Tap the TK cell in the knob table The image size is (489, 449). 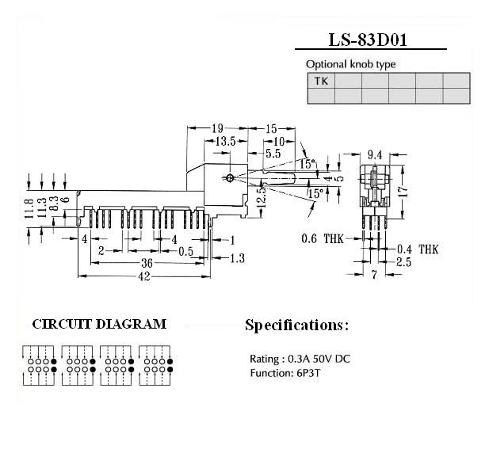coord(321,81)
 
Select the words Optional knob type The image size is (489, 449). coord(350,64)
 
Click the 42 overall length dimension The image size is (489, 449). coord(145,276)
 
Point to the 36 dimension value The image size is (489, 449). coord(147,264)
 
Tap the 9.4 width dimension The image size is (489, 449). coord(376,154)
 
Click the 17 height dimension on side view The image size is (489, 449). coord(403,191)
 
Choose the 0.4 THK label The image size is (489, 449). coord(418,249)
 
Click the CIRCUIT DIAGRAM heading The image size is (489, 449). coord(99,324)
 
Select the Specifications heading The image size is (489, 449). coord(296,325)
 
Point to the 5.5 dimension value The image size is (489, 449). coord(273,154)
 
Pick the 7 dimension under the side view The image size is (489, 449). coord(372,275)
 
